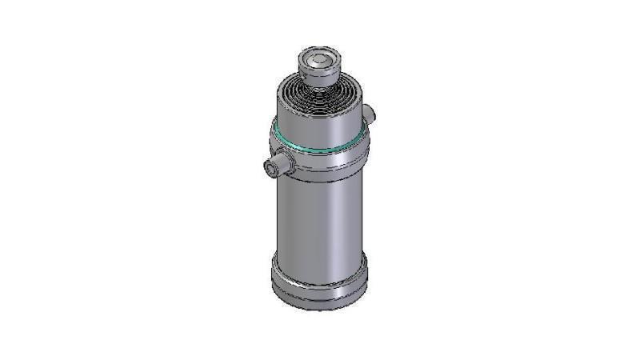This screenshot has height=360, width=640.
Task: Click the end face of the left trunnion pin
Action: coord(270,168)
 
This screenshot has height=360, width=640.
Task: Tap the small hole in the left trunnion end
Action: coord(269,168)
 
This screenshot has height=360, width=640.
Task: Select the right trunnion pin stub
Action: coord(369,112)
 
